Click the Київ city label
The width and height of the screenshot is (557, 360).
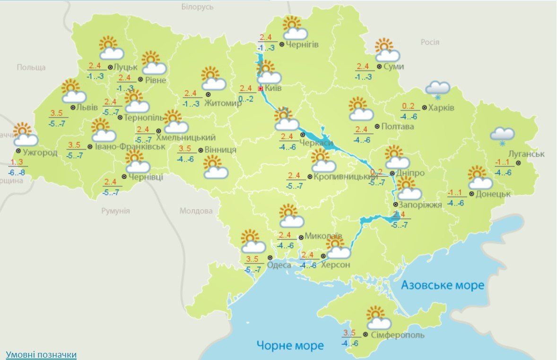point(274,88)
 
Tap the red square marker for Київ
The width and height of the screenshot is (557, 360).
point(261,88)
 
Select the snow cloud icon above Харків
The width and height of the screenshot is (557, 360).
point(437,89)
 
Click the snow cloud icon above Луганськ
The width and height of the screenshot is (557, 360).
point(502,135)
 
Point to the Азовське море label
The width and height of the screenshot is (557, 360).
point(443,285)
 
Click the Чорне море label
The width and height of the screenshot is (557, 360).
point(290,345)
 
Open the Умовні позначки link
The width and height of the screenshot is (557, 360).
point(41,354)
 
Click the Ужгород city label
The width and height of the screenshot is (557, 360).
point(40,152)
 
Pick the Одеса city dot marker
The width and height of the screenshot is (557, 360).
point(270,257)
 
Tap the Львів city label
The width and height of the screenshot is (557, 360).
point(87,107)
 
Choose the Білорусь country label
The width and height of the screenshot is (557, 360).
point(198,7)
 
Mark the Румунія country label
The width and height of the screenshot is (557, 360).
point(115,211)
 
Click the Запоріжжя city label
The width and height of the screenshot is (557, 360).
point(420,205)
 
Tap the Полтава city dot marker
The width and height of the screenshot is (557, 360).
point(377,126)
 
